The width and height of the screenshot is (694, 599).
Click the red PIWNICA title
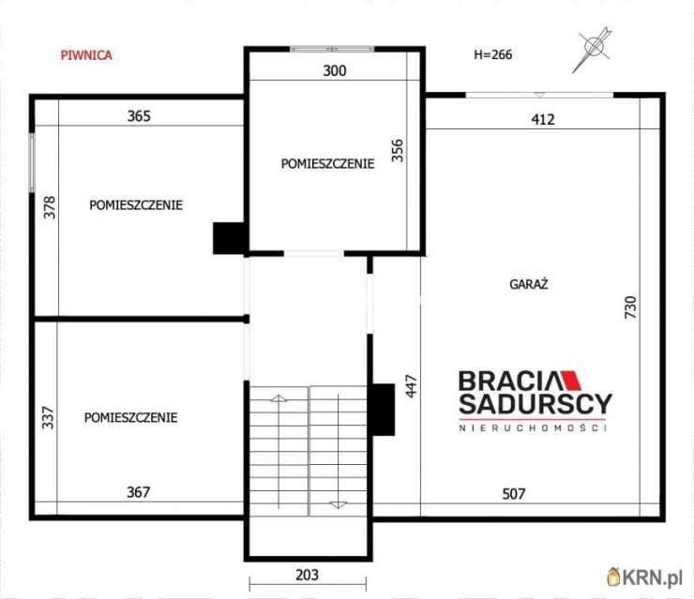pyautogui.click(x=86, y=55)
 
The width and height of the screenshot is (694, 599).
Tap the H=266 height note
pyautogui.click(x=493, y=54)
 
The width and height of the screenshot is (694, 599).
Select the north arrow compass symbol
pyautogui.click(x=592, y=49)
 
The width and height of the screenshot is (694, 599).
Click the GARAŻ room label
pyautogui.click(x=528, y=284)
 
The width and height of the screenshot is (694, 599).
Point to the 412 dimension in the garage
pyautogui.click(x=543, y=119)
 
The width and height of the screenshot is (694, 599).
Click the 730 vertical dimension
pyautogui.click(x=630, y=307)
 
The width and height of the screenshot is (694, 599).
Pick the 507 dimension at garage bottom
pyautogui.click(x=513, y=494)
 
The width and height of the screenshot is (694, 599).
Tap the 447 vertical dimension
pyautogui.click(x=411, y=386)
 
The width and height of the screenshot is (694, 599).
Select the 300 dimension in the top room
pyautogui.click(x=335, y=71)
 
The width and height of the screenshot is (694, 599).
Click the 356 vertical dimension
pyautogui.click(x=398, y=150)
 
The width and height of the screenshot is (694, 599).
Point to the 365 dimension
pyautogui.click(x=139, y=116)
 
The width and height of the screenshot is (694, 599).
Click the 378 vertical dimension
pyautogui.click(x=50, y=207)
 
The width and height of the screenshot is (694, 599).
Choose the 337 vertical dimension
pyautogui.click(x=48, y=417)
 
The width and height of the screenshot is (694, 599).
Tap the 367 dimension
pyautogui.click(x=138, y=492)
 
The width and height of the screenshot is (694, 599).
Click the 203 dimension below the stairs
pyautogui.click(x=308, y=575)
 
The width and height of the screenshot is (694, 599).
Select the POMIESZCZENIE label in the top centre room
pyautogui.click(x=327, y=164)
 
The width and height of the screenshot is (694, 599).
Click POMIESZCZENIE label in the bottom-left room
pyautogui.click(x=131, y=417)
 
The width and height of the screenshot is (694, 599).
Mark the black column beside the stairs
pyautogui.click(x=384, y=410)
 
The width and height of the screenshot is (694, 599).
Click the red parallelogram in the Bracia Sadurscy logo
pyautogui.click(x=571, y=381)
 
